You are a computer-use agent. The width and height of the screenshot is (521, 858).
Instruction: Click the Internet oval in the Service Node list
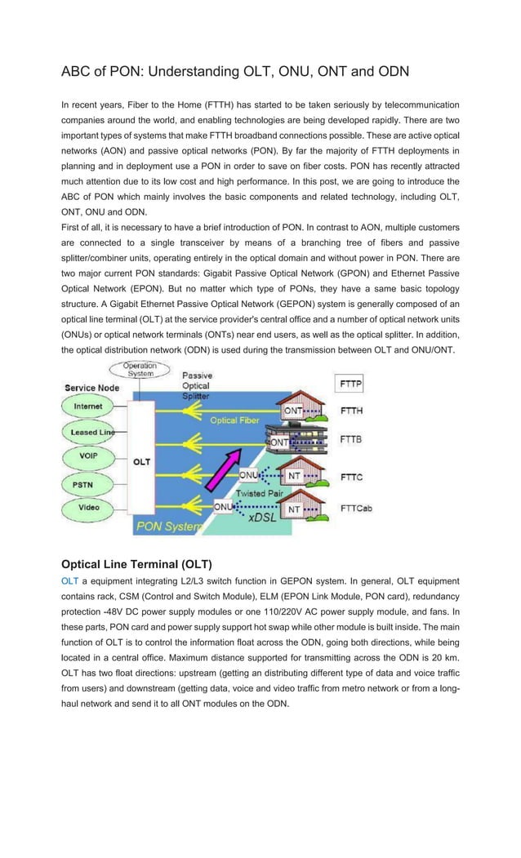(88, 406)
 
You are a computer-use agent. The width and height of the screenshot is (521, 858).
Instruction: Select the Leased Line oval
(90, 432)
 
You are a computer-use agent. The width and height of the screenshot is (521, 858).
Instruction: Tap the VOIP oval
(88, 458)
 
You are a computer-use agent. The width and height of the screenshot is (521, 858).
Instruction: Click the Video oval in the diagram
(88, 508)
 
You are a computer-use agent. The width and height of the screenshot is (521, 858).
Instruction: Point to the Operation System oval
(139, 369)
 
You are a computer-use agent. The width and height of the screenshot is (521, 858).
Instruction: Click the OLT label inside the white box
(141, 461)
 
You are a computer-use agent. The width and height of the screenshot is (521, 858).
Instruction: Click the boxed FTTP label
(350, 384)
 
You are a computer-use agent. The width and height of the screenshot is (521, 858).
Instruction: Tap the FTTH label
(351, 411)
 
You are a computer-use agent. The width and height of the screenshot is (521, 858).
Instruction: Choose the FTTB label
(351, 439)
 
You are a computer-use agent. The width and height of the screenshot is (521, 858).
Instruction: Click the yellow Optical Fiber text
(235, 420)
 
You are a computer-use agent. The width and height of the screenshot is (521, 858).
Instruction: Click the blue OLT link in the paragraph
(69, 581)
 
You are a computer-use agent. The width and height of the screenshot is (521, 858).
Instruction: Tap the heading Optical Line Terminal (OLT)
(136, 564)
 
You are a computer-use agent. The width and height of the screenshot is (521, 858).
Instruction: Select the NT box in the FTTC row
(294, 474)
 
